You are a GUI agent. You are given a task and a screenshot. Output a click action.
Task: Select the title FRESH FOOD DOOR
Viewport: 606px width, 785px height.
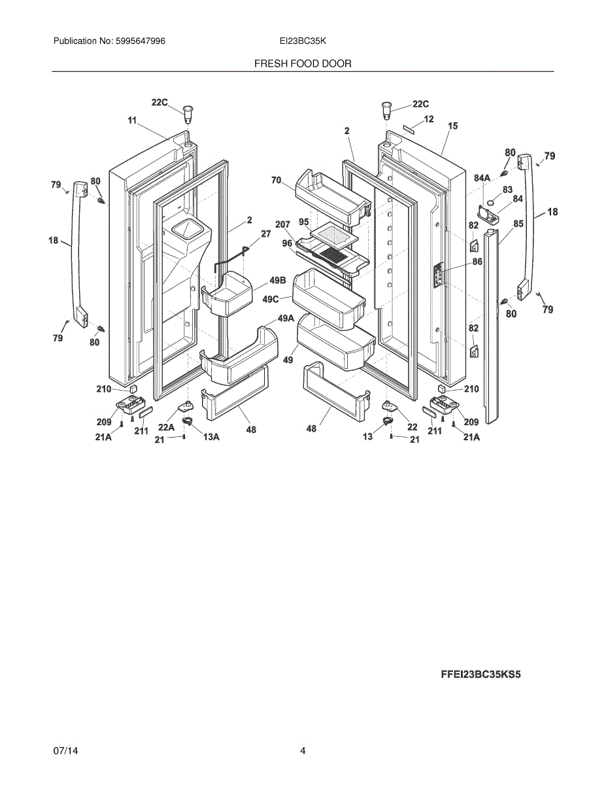pos(303,63)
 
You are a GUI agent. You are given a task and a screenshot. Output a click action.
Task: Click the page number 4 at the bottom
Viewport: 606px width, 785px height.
pos(303,751)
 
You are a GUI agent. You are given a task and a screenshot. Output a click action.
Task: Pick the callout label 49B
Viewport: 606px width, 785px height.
pos(278,281)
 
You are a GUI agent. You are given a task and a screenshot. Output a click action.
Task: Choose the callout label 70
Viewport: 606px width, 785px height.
pos(276,179)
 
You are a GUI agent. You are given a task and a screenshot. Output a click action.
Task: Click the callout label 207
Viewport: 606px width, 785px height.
pos(282,224)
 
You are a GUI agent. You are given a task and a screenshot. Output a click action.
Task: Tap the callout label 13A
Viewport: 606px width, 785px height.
pos(210,437)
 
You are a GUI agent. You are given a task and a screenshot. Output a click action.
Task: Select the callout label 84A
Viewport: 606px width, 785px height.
pos(482,177)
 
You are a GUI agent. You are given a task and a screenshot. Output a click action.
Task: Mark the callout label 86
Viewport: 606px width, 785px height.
pos(477,262)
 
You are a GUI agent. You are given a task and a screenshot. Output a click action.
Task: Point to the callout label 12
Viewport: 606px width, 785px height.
pos(429,119)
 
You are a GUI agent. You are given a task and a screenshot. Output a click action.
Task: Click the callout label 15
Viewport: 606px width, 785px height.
pos(452,125)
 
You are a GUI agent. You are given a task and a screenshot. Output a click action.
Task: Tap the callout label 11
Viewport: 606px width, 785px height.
pos(133,120)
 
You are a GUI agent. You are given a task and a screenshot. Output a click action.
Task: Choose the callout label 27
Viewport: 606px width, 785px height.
pos(265,233)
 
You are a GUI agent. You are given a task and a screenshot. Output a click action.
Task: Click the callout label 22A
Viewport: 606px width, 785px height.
pos(166,427)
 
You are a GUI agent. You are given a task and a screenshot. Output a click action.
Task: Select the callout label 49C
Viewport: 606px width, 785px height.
pos(271,299)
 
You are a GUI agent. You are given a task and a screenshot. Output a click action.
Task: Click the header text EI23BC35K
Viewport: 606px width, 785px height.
pos(303,41)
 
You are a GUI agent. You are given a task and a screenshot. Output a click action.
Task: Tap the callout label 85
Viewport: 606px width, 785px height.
pos(518,224)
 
